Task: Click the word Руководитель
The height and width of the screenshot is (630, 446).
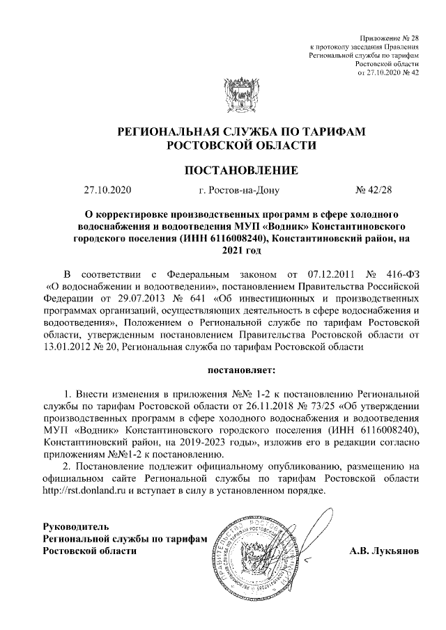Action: pos(76,526)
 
